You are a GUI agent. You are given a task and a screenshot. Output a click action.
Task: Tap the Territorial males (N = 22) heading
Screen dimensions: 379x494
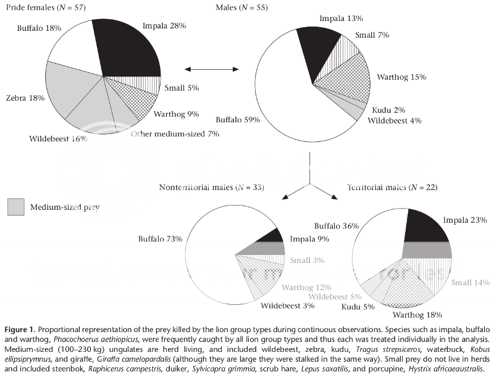pos(391,187)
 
